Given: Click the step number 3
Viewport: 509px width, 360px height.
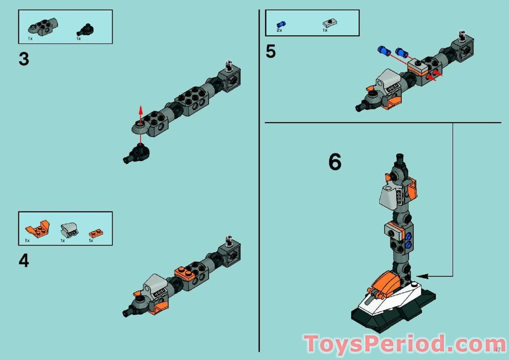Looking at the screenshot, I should [23, 59].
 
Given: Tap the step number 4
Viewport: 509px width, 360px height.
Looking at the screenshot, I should [23, 261].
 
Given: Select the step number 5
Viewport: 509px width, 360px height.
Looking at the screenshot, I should [271, 52].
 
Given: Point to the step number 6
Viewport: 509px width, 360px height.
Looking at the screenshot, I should [334, 162].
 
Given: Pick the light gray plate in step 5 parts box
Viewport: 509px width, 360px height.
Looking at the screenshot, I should [328, 23].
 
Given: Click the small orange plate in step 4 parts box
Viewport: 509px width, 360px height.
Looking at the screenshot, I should [95, 233].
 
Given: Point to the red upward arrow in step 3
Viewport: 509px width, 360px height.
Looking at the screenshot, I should [141, 115].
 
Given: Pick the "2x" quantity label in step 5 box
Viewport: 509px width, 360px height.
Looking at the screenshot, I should [279, 31].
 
